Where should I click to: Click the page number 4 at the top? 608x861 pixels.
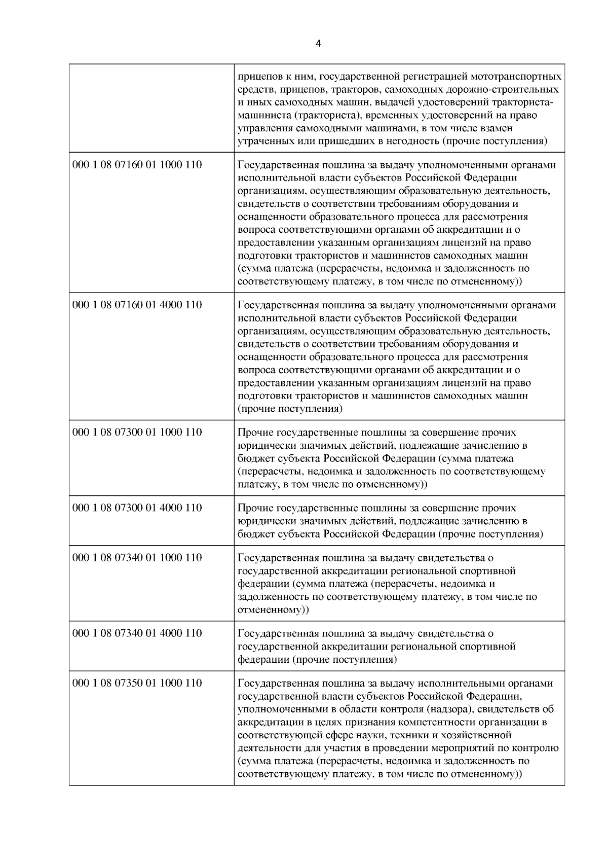pyautogui.click(x=318, y=44)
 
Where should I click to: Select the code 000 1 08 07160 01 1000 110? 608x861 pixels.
pyautogui.click(x=137, y=165)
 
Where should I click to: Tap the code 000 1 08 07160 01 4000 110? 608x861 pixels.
pyautogui.click(x=137, y=305)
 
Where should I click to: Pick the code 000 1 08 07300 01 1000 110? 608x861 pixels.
pyautogui.click(x=137, y=432)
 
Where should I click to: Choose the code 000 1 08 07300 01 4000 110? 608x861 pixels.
pyautogui.click(x=137, y=508)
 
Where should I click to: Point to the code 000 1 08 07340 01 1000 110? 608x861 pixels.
pyautogui.click(x=137, y=558)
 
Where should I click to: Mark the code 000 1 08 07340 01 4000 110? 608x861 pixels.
pyautogui.click(x=137, y=633)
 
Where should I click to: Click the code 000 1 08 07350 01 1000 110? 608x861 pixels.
pyautogui.click(x=137, y=683)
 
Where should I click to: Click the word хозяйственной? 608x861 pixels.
pyautogui.click(x=480, y=735)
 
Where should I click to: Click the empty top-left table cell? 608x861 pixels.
pyautogui.click(x=151, y=107)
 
